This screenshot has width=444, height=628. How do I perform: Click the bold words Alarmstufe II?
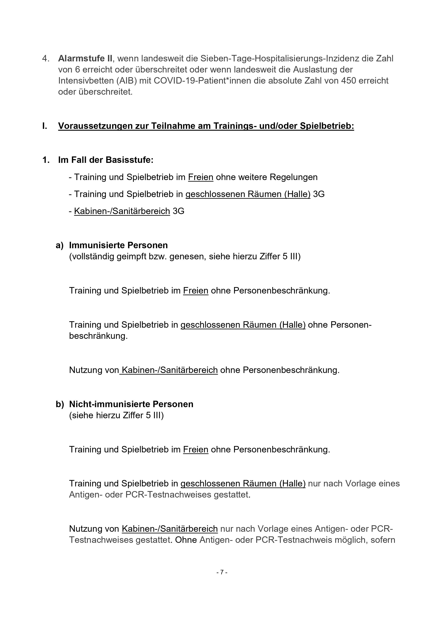(x=85, y=58)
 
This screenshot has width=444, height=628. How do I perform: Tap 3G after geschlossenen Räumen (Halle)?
(x=319, y=194)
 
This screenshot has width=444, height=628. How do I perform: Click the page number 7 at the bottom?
(x=222, y=572)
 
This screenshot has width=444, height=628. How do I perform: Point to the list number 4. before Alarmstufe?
(x=46, y=58)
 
